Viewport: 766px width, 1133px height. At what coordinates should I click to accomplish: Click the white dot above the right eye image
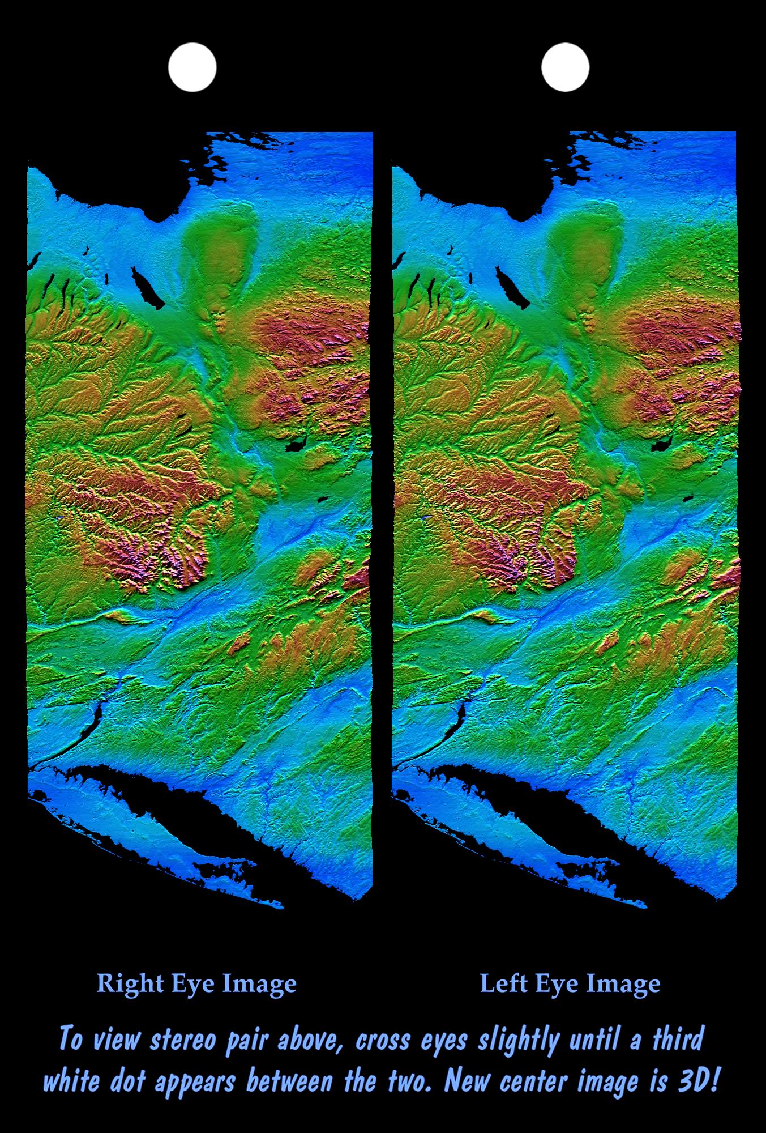[192, 67]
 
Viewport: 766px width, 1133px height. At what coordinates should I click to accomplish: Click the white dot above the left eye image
[564, 67]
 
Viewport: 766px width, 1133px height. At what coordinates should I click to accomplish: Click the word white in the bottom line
[72, 1081]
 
